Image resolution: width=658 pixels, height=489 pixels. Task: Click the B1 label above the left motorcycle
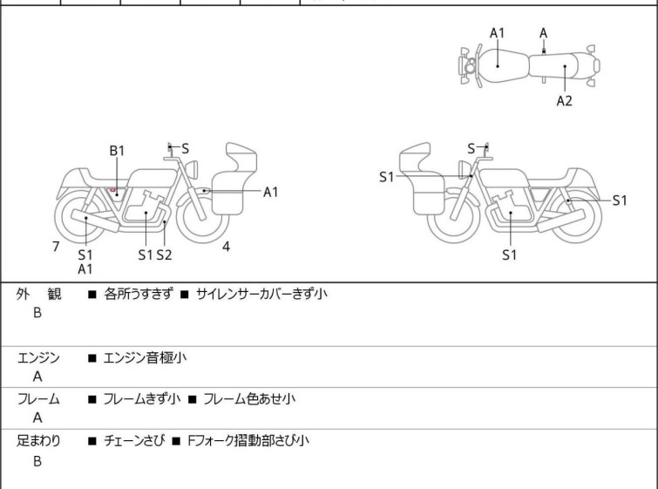tap(118, 150)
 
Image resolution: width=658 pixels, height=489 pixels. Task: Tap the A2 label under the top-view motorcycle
tap(565, 100)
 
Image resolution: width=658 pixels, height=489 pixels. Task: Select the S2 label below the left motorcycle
tap(164, 255)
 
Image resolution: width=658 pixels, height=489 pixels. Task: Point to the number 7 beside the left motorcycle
tap(56, 247)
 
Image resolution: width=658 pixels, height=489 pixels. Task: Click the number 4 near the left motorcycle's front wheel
tap(226, 247)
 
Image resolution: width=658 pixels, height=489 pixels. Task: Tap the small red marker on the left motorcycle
tap(113, 189)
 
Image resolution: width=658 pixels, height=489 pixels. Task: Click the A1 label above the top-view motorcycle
tap(497, 33)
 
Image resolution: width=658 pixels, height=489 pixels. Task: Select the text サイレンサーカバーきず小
tap(261, 295)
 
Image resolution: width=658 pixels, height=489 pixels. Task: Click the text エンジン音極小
tap(145, 357)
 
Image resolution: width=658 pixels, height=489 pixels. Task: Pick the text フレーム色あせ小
tap(249, 399)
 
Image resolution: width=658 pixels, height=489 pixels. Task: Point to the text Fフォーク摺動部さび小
tap(248, 441)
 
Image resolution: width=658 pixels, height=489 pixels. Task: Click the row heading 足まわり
tap(39, 441)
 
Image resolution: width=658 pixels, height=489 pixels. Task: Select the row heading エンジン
tap(39, 357)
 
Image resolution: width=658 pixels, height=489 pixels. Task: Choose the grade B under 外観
tap(37, 314)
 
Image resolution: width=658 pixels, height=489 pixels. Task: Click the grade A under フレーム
tap(37, 418)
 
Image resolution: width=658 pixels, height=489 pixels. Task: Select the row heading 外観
tap(39, 295)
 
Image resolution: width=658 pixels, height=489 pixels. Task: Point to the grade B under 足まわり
tap(37, 461)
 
